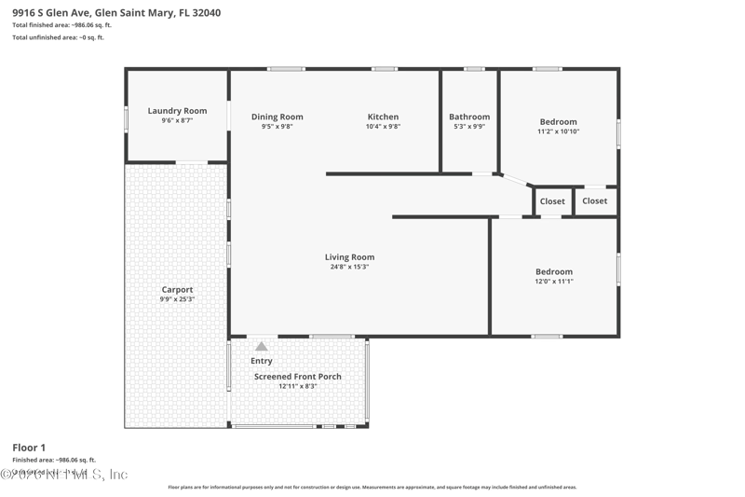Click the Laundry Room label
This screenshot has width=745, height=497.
[x=176, y=110]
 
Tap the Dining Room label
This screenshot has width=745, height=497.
[x=277, y=117]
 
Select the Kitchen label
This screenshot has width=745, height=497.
[x=383, y=117]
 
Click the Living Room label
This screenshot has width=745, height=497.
[x=349, y=257]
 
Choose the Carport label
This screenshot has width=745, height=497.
[x=177, y=290]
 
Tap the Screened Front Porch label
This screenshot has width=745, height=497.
[x=298, y=377]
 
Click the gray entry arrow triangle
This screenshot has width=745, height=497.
[x=262, y=346]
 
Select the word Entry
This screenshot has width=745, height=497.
[x=262, y=361]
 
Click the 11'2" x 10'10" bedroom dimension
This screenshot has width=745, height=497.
[x=558, y=131]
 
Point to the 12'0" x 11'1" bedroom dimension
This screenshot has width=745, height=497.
[x=553, y=281]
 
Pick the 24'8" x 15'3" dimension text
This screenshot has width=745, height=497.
[x=349, y=267]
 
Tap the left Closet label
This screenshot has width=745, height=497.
[x=552, y=201]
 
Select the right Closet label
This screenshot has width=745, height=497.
[x=594, y=200]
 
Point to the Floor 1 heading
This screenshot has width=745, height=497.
[x=28, y=449]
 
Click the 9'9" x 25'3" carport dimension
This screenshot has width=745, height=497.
[x=177, y=299]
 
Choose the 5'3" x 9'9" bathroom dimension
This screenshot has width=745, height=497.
[x=469, y=127]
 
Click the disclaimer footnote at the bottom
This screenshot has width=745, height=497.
[x=372, y=487]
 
